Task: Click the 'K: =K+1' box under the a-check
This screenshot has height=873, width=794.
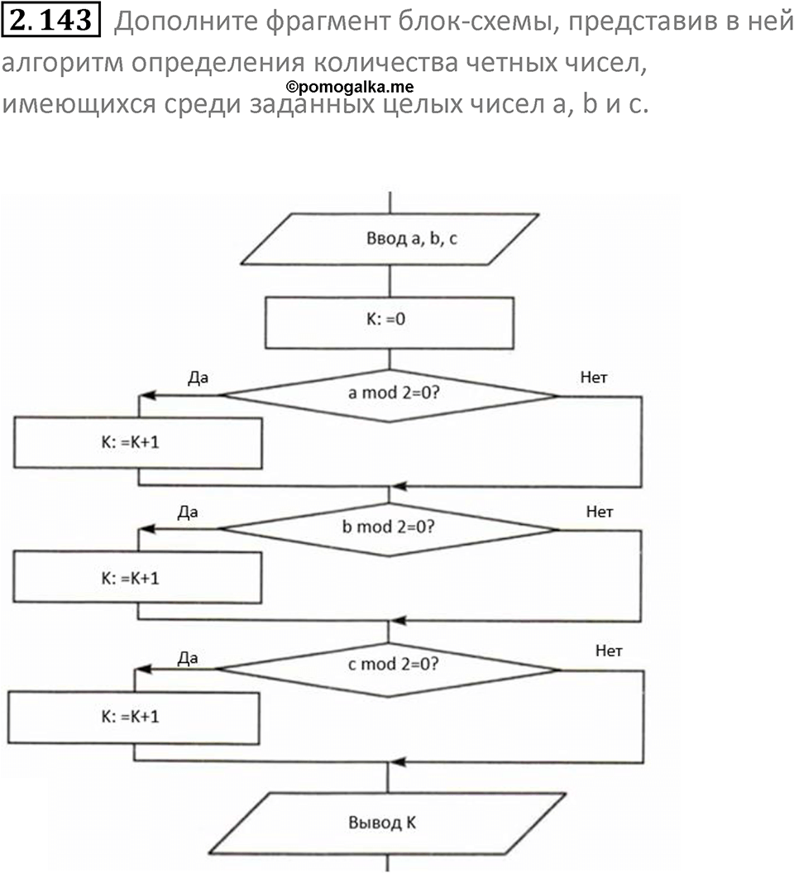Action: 137,442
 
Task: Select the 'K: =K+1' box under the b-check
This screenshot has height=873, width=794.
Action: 137,577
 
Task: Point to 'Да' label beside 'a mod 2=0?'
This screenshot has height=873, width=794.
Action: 198,378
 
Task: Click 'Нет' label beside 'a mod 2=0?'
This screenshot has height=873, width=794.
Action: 595,378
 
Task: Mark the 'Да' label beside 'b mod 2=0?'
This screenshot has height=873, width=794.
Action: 188,513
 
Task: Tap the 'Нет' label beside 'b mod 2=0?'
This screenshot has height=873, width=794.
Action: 600,513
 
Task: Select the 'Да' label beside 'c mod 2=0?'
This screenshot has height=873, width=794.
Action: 188,658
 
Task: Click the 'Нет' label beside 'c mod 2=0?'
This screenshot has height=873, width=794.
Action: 609,651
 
